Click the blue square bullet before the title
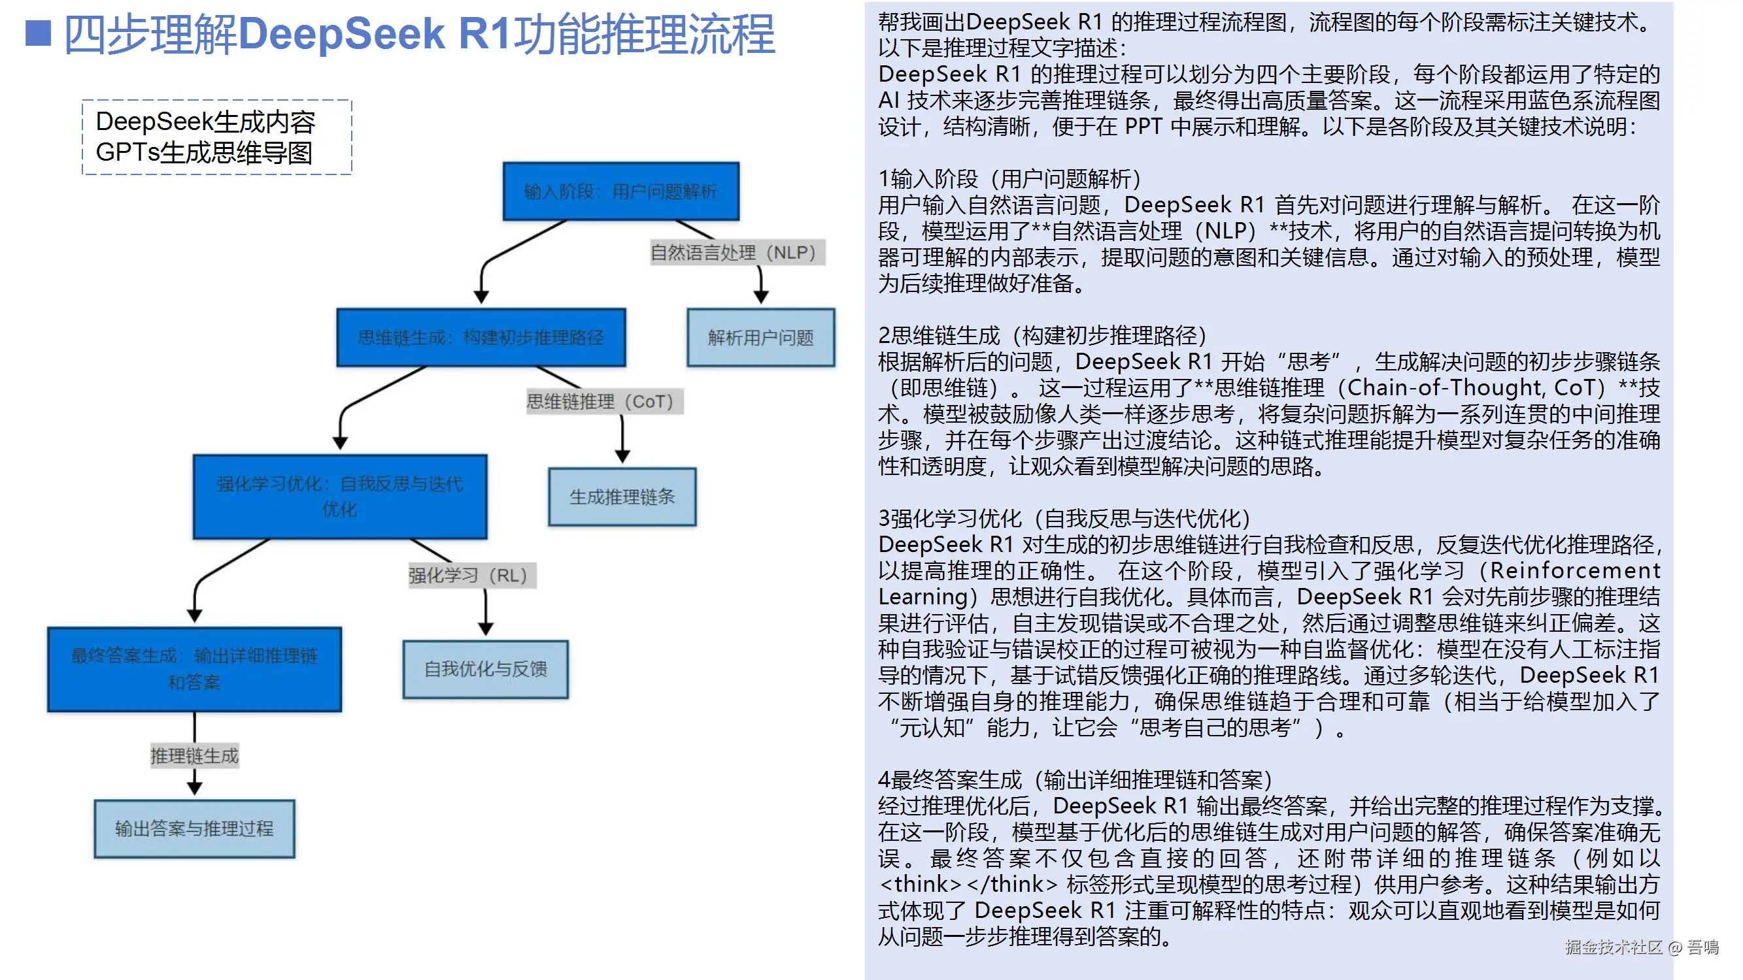click(x=38, y=33)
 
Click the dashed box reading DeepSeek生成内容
click(x=216, y=137)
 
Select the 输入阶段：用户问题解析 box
click(x=620, y=191)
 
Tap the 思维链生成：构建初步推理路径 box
click(x=481, y=338)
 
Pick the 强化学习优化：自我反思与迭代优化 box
click(x=340, y=497)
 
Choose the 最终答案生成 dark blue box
click(x=194, y=669)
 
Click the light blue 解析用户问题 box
click(x=760, y=338)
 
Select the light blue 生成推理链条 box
click(x=622, y=497)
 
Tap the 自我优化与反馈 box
click(x=485, y=669)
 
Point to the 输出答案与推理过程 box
click(x=194, y=828)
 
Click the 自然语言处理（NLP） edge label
click(x=737, y=252)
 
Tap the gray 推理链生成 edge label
click(x=194, y=755)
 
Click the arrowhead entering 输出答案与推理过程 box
click(x=194, y=789)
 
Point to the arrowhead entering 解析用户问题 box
click(x=760, y=297)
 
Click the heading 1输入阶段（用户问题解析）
click(x=1009, y=179)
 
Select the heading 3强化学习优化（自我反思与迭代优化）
click(x=1064, y=519)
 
